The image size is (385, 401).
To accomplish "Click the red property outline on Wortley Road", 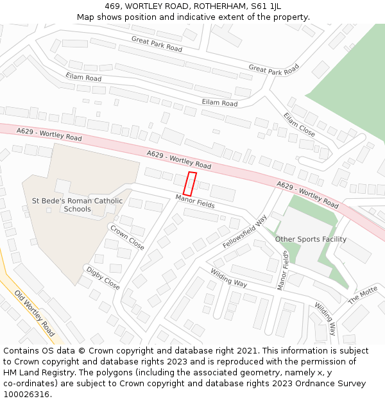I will tap(190, 183).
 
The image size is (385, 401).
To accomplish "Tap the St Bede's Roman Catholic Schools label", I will tap(78, 205).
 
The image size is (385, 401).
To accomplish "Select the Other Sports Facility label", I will tap(311, 239).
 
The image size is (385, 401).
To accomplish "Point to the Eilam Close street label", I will tap(300, 124).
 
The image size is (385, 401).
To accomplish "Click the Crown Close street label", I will tap(127, 237).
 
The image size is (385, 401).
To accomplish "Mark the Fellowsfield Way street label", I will tap(244, 232).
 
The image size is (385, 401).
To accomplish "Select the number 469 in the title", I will tap(114, 6).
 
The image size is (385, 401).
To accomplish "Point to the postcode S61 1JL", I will tap(266, 6).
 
